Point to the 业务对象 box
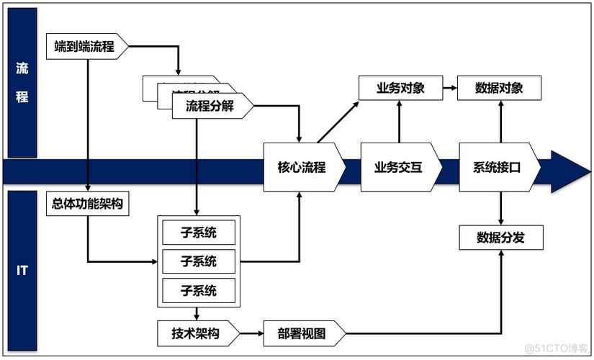[x=400, y=89]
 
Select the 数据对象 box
[x=499, y=89]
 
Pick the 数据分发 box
[x=500, y=238]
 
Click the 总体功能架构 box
[x=87, y=204]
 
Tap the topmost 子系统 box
[x=199, y=233]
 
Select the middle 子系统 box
[x=199, y=261]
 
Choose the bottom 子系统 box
[x=199, y=290]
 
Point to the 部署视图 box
[x=302, y=333]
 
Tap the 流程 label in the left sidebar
[x=22, y=83]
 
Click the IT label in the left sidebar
[x=22, y=271]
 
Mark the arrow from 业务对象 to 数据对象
[x=450, y=89]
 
